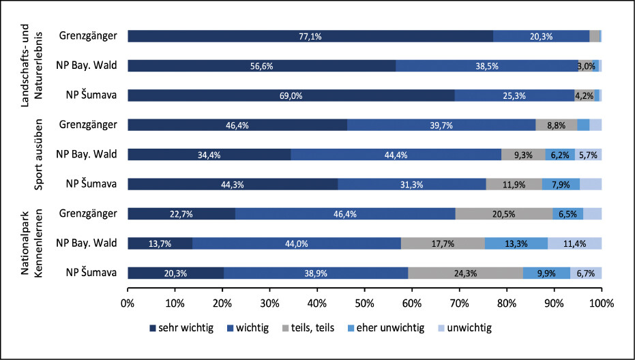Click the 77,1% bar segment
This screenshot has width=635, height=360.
point(310,36)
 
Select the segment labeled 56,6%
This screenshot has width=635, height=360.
point(261,66)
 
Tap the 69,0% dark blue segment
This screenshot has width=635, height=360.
point(291,95)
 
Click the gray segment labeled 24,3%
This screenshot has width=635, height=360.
point(466,273)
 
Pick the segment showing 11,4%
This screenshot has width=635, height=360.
point(574,243)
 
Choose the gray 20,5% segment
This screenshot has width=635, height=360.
point(504,213)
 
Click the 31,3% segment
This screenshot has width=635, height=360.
point(411,184)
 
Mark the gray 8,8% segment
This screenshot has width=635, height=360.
point(557,125)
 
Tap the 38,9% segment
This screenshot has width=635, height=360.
point(316,273)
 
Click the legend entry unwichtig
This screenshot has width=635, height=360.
point(464,328)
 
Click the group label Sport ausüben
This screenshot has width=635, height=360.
point(40,155)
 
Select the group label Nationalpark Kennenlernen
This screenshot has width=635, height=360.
point(32,243)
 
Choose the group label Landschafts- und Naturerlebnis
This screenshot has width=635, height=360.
point(32,66)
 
